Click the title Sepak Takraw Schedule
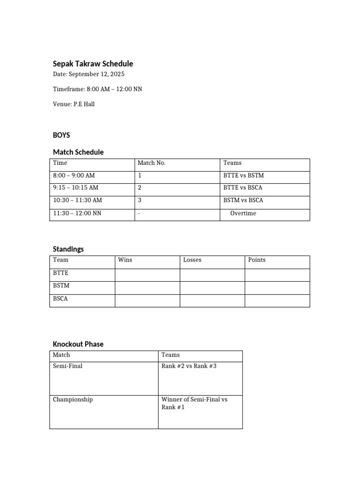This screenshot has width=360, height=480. coord(93,64)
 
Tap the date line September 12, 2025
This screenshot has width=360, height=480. coord(89,75)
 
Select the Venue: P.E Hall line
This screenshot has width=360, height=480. coord(74,104)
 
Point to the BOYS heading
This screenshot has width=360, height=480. coord(61,135)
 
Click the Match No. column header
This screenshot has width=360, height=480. coord(151,163)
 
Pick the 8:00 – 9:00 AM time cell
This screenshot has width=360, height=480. coord(74,176)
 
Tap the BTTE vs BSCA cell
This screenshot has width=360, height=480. coord(243,188)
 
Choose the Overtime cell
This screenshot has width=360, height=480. coord(243,213)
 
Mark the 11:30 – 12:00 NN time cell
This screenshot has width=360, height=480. coord(77,213)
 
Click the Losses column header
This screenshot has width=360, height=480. coord(192,260)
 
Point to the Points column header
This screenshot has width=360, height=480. coord(257,260)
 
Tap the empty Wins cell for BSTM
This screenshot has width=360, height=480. coord(147,288)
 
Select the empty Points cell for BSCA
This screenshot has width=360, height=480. coord(277,300)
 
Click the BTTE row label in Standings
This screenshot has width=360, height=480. coord(60,273)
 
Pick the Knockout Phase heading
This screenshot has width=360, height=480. coord(78,344)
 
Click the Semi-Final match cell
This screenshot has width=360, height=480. coord(67,366)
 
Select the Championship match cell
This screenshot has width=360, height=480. coord(73,400)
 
